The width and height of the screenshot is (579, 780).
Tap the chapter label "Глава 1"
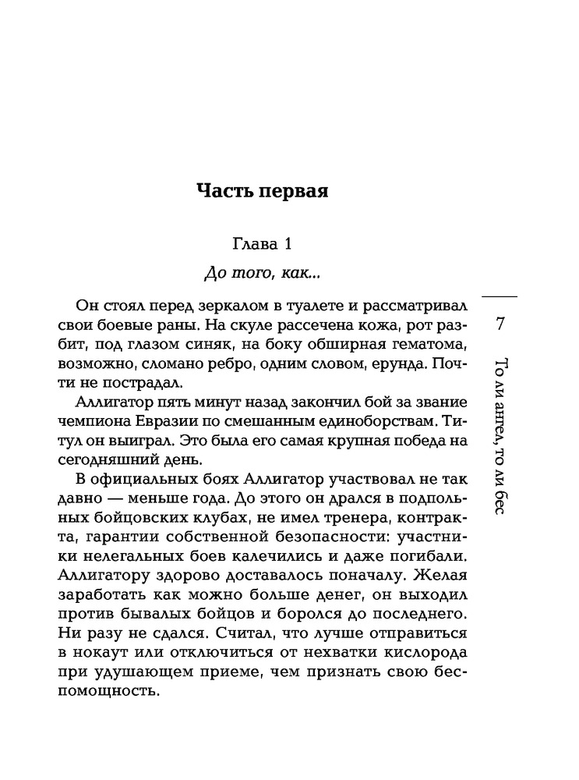262,245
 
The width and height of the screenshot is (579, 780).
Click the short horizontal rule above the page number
500,296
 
